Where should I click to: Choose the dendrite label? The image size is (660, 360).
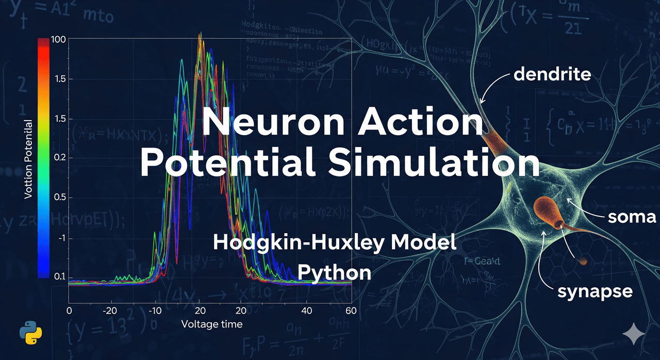tap(552, 74)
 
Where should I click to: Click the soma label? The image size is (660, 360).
tap(632, 217)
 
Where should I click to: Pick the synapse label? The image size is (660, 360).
tap(595, 291)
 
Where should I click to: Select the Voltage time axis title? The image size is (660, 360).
tap(211, 324)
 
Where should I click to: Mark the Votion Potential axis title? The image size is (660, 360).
tap(28, 159)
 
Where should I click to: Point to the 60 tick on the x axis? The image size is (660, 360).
tap(351, 311)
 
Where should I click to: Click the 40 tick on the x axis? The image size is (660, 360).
tap(307, 311)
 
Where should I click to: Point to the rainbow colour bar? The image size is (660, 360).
tap(44, 158)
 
